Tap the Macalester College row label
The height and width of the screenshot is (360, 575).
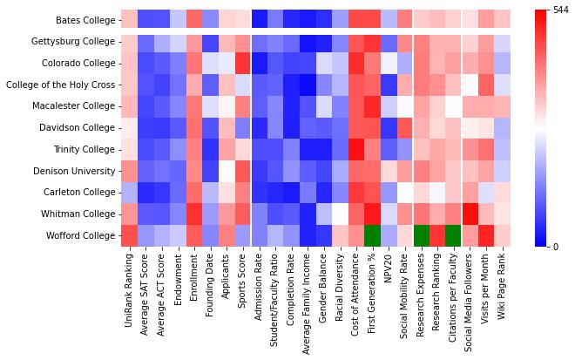[x=75, y=106]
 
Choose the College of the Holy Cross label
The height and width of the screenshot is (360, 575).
[x=59, y=85]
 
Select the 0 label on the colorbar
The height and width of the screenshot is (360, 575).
[x=554, y=247]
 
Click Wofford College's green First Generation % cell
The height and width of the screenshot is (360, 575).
[x=373, y=235]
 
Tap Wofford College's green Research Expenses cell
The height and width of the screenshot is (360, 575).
[x=422, y=235]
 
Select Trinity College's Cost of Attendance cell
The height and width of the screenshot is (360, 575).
[x=356, y=149]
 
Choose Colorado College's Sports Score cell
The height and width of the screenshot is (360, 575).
[x=242, y=63]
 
